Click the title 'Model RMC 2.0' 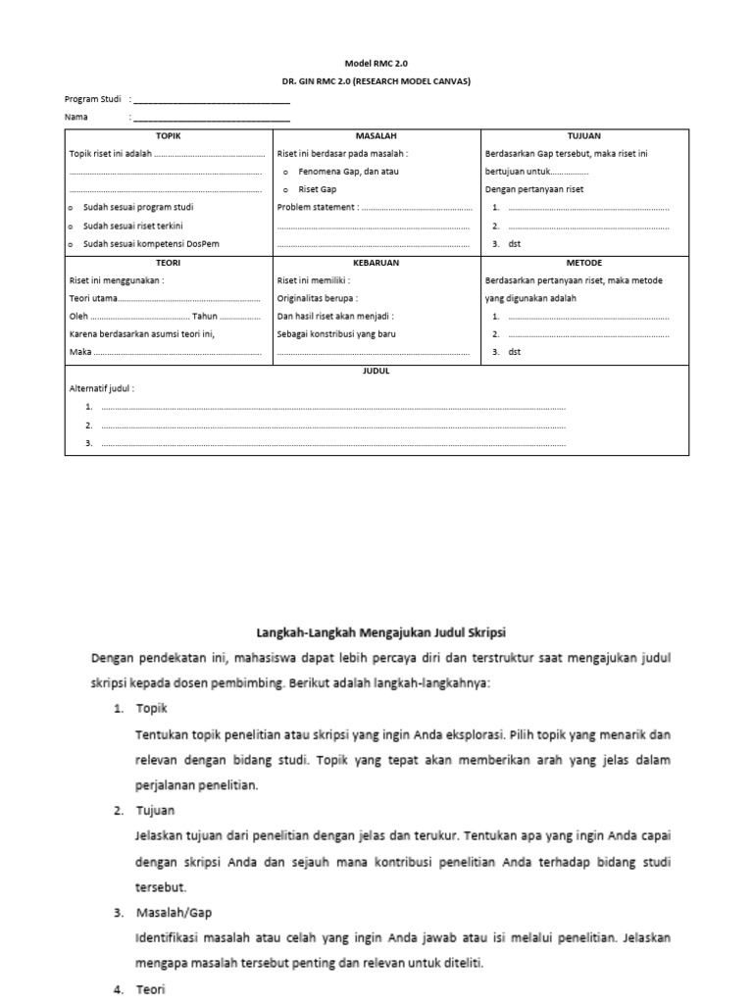pyautogui.click(x=376, y=63)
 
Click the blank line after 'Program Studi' pyautogui.click(x=211, y=99)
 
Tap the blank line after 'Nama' pyautogui.click(x=211, y=118)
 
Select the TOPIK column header pyautogui.click(x=169, y=135)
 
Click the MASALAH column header pyautogui.click(x=376, y=135)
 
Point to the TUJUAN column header pyautogui.click(x=584, y=135)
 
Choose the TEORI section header pyautogui.click(x=169, y=263)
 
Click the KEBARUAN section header pyautogui.click(x=376, y=263)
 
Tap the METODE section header pyautogui.click(x=584, y=263)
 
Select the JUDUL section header pyautogui.click(x=376, y=372)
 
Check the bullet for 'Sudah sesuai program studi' pyautogui.click(x=72, y=208)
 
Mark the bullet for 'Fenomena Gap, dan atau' pyautogui.click(x=285, y=172)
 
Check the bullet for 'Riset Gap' pyautogui.click(x=285, y=190)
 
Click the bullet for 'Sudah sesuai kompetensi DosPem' pyautogui.click(x=72, y=244)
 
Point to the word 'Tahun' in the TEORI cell pyautogui.click(x=206, y=317)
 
